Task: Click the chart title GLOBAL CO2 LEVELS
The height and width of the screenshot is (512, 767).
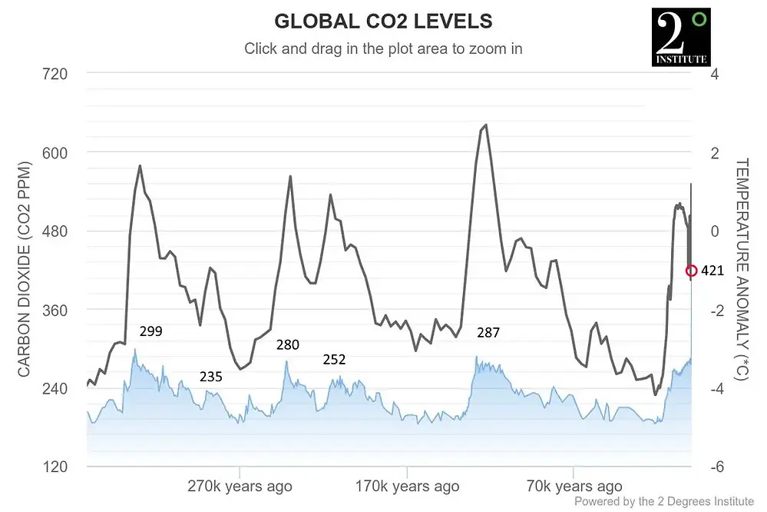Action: [x=383, y=21]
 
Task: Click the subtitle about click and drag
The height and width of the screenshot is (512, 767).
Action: [x=383, y=48]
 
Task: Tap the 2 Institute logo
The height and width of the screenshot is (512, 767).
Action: [x=680, y=37]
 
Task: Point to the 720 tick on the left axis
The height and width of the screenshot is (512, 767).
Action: [x=56, y=75]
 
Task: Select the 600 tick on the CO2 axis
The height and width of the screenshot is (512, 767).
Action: [x=56, y=153]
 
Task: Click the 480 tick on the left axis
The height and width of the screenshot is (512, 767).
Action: [x=56, y=231]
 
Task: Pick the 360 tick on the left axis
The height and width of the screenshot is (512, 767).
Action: [x=56, y=310]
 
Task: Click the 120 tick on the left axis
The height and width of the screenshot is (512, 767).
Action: [x=56, y=467]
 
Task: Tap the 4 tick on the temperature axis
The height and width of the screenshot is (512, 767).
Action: [x=714, y=75]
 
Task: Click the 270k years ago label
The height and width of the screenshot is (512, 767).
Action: [x=240, y=487]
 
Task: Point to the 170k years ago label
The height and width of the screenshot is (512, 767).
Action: [x=407, y=487]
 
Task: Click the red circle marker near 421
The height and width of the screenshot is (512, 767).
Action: [x=691, y=271]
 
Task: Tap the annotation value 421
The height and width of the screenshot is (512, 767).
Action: [x=712, y=271]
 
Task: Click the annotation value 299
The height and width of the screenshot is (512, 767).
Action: [x=150, y=331]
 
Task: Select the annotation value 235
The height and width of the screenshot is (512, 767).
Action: [x=211, y=377]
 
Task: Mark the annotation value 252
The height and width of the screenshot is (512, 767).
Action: [x=334, y=359]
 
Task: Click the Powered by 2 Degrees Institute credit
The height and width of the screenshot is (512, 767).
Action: [x=664, y=501]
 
